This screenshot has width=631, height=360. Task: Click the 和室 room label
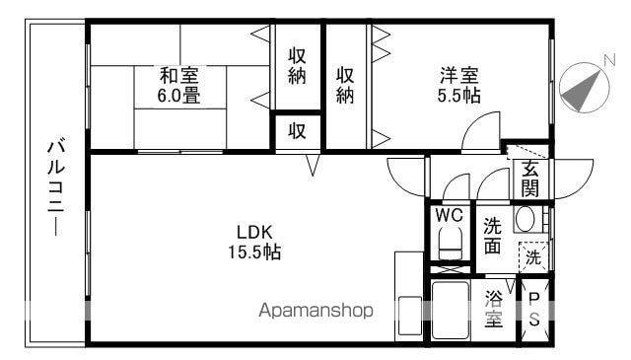click(x=179, y=75)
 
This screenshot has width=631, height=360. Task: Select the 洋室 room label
click(x=459, y=75)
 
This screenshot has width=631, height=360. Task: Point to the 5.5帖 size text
click(x=459, y=96)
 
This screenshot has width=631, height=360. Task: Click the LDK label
click(x=253, y=232)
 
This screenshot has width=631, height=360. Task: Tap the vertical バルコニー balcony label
click(x=55, y=188)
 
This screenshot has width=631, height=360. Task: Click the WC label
click(x=449, y=214)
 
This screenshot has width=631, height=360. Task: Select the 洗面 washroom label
click(x=492, y=236)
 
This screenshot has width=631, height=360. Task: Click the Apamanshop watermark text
click(x=315, y=311)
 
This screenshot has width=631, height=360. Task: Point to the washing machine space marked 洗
click(x=532, y=259)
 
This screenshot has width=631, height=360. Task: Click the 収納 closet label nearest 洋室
click(x=345, y=86)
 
